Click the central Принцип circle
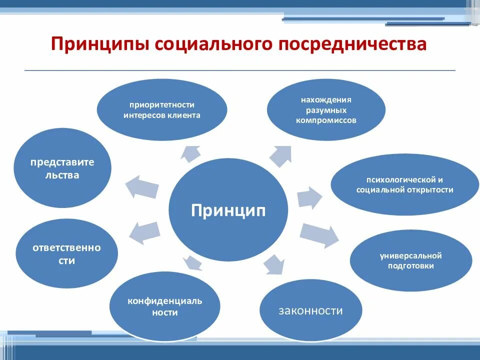click(228, 210)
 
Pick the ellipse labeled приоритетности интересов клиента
click(161, 110)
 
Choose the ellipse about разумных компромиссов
click(326, 110)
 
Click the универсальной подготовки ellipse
click(410, 260)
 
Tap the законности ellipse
click(311, 310)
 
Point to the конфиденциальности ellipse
click(164, 306)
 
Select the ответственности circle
click(67, 254)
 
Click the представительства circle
click(62, 168)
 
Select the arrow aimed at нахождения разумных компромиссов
click(281, 155)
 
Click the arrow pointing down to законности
click(273, 263)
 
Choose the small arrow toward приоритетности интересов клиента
click(190, 152)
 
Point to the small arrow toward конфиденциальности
click(191, 261)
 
